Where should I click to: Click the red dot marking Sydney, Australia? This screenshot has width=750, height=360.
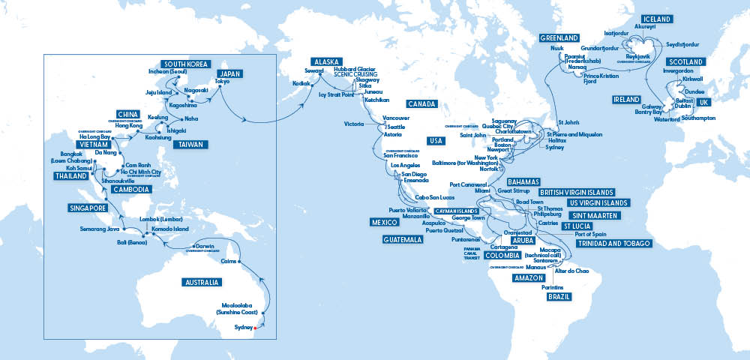point(255,328)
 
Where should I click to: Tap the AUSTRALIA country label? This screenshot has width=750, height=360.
point(202,283)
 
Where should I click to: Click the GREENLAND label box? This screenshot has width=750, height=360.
point(559,37)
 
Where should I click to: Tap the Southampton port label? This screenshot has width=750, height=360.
point(699,118)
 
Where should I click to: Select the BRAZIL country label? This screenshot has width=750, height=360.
point(558,296)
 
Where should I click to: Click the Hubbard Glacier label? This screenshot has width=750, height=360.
point(355,67)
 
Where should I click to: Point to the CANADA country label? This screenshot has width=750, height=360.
point(423,103)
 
